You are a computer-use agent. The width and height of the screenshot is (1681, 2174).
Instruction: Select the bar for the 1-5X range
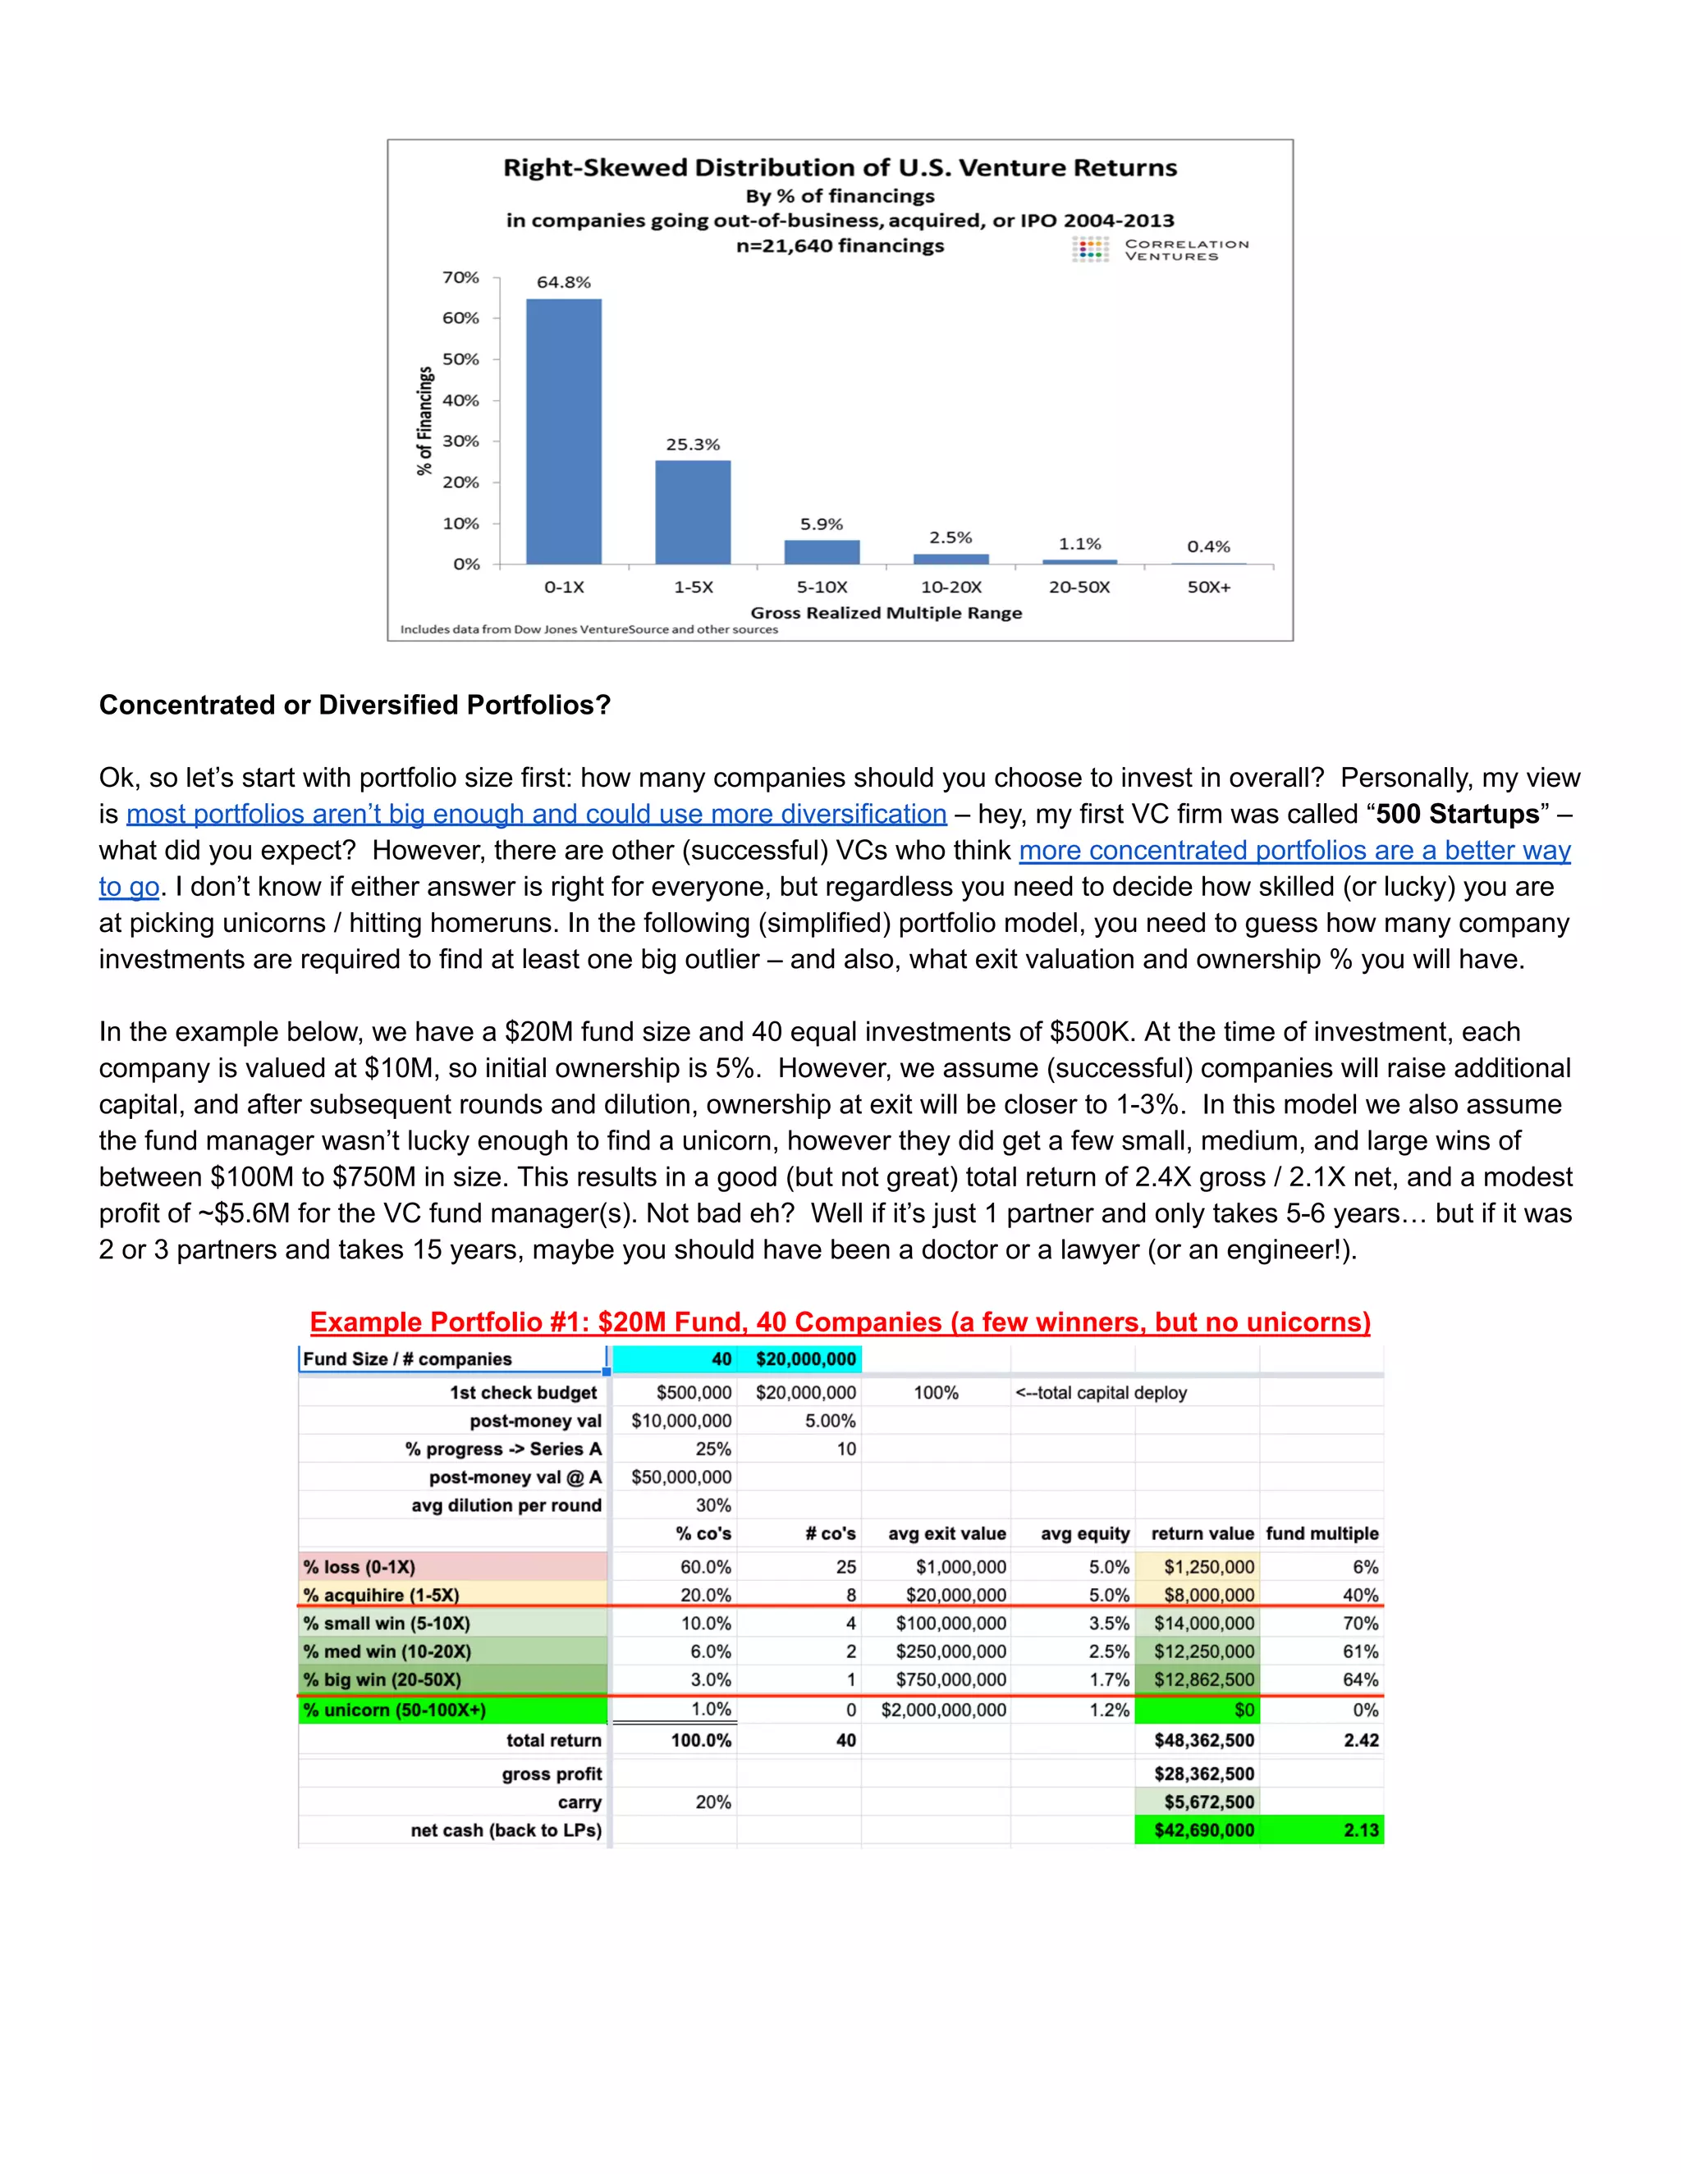(x=692, y=513)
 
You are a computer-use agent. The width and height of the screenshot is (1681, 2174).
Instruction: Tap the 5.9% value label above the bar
(x=822, y=523)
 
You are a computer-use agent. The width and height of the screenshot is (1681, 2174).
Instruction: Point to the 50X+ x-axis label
(x=1208, y=587)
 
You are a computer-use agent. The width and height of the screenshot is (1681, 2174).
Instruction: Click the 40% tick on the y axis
(x=460, y=400)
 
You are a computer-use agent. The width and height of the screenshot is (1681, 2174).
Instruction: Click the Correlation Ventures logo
(x=1160, y=250)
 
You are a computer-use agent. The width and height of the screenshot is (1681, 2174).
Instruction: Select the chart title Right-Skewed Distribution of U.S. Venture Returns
(x=840, y=167)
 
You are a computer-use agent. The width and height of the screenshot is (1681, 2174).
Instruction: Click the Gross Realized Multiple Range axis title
(x=886, y=612)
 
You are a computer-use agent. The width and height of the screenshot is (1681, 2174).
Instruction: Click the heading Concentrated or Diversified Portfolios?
(x=355, y=705)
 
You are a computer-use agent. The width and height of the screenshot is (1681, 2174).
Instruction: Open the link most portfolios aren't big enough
(x=536, y=815)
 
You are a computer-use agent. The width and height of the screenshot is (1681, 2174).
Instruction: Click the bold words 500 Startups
(x=1458, y=815)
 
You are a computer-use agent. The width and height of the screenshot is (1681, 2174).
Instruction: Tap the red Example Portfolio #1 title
(x=840, y=1322)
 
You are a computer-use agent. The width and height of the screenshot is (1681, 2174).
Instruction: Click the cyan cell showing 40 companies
(x=674, y=1359)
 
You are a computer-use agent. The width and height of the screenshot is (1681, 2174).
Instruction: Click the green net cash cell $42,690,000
(x=1203, y=1829)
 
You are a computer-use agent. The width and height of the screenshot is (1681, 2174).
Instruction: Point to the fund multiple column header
(x=1321, y=1534)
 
